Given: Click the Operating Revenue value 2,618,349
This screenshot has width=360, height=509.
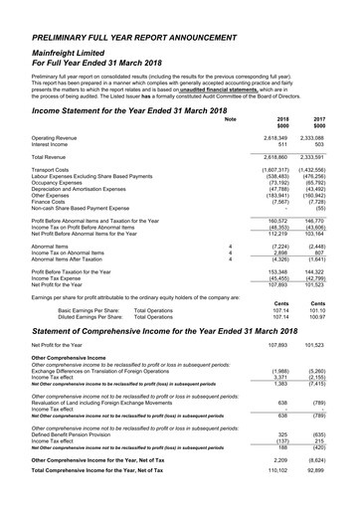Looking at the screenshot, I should pos(274,137).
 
